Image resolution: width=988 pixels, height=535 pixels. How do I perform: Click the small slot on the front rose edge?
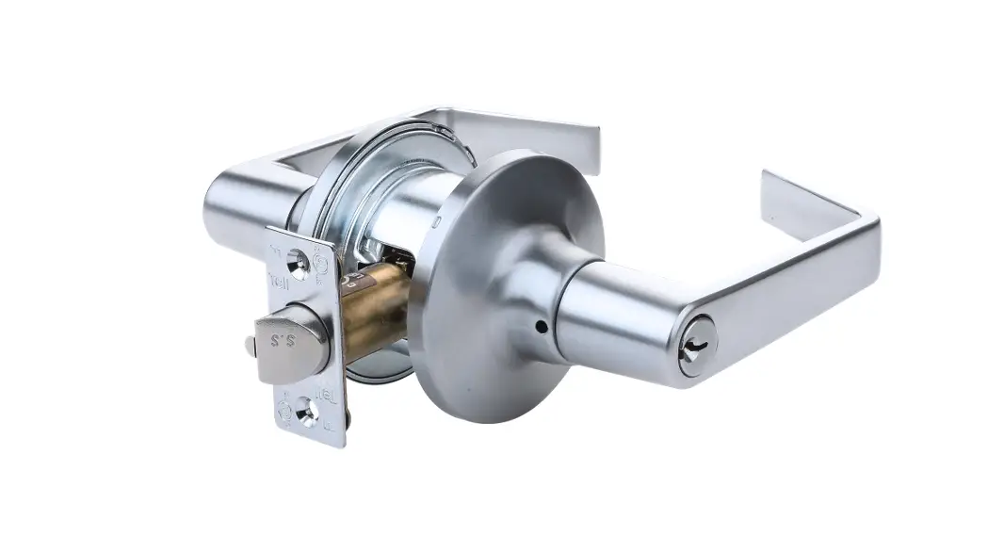(439, 223)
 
